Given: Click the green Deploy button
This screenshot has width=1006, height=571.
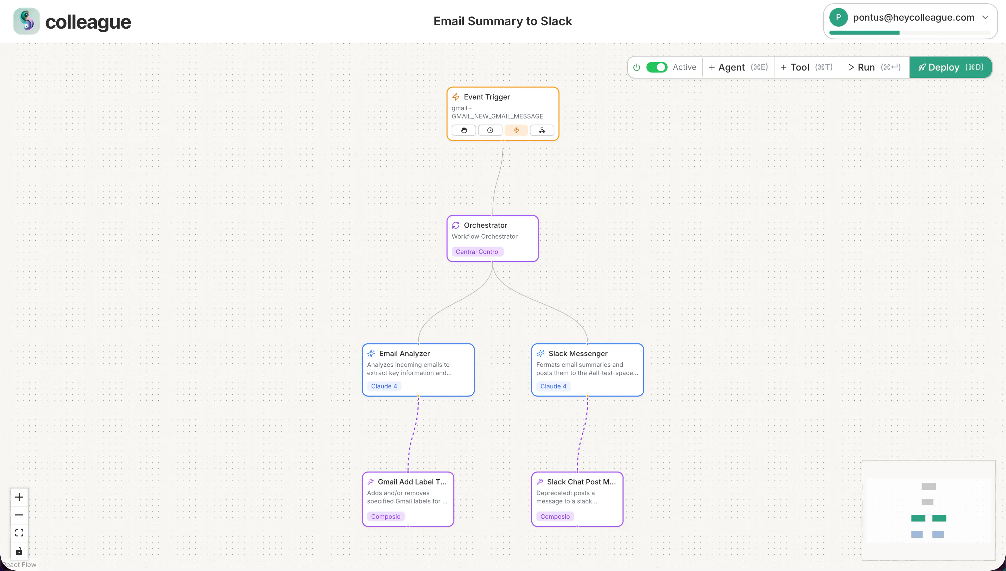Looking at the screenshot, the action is [x=950, y=68].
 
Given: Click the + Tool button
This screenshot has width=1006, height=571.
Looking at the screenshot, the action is [x=806, y=68].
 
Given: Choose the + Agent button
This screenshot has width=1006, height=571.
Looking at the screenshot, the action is [x=738, y=68].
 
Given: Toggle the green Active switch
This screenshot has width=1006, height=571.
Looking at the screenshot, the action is [x=657, y=67].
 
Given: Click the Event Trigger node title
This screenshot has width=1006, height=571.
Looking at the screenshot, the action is [x=487, y=97].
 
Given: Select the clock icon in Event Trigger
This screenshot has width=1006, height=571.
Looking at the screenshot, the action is [x=490, y=130].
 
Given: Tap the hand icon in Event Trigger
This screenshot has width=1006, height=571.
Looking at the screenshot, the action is [x=464, y=130].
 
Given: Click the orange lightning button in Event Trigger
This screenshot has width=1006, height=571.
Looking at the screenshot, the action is [x=516, y=130].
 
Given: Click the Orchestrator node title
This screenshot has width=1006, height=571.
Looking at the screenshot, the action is [x=485, y=225].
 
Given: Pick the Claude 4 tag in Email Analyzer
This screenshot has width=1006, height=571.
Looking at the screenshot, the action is [x=384, y=386].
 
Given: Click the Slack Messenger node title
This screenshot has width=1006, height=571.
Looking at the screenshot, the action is [x=578, y=353].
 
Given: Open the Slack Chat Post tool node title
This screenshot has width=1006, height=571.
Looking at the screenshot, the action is [x=582, y=481].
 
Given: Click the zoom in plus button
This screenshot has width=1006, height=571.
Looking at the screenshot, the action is [x=19, y=497].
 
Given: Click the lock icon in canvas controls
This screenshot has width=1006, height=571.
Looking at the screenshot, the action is [x=19, y=551].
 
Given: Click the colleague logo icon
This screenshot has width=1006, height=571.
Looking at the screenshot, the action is [x=26, y=21].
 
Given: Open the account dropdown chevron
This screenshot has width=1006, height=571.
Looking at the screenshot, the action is [x=985, y=17].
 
